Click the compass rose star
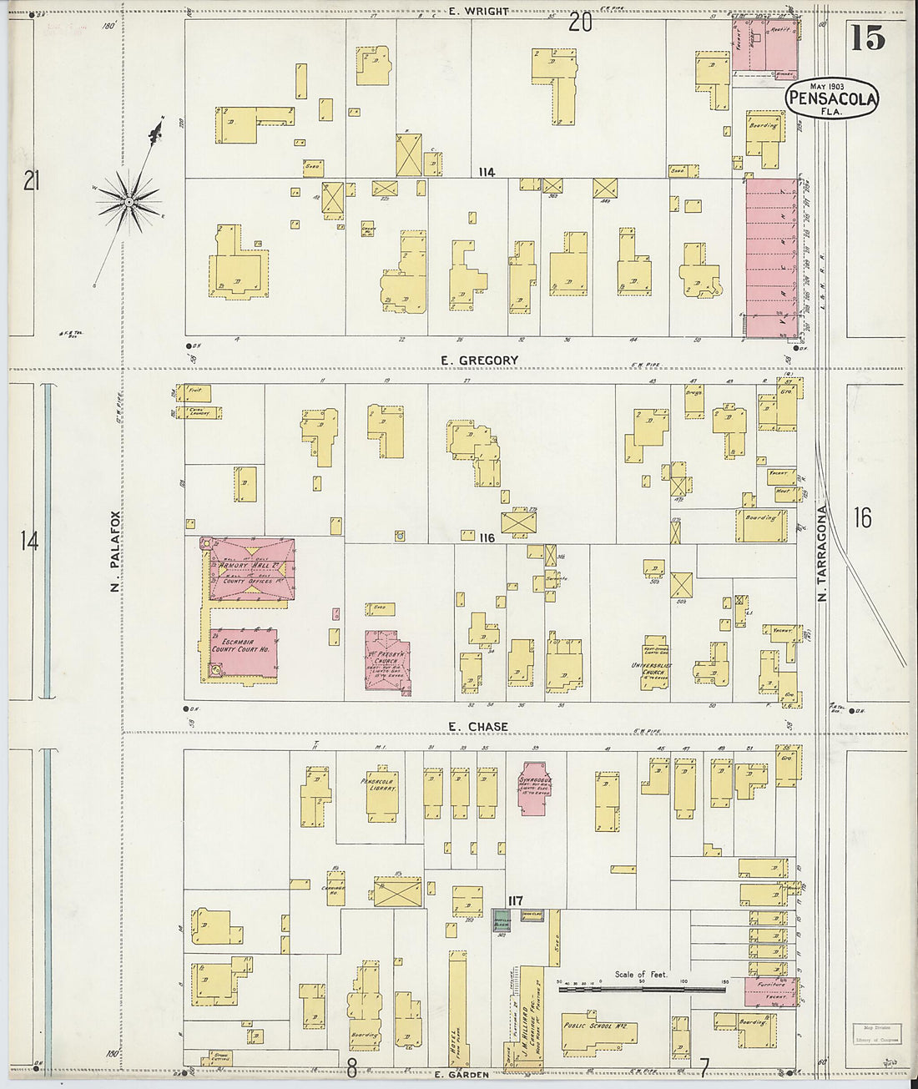[x=129, y=200]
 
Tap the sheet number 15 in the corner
[x=868, y=38]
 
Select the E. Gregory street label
[x=479, y=360]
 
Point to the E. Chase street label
[x=477, y=727]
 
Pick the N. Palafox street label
[x=116, y=552]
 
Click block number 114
[x=487, y=173]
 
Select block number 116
[x=487, y=538]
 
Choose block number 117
[x=515, y=900]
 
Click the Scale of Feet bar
[x=641, y=991]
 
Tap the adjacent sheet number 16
[x=862, y=518]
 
